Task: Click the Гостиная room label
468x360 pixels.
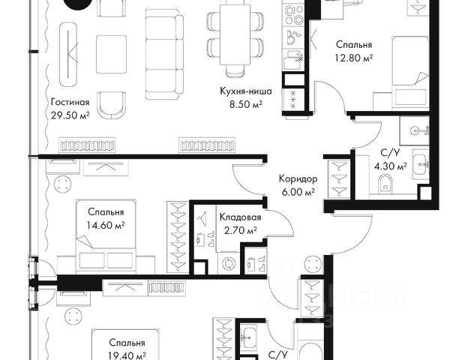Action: [x=70, y=102]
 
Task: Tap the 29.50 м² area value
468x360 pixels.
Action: [x=70, y=115]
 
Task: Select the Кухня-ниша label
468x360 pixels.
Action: [x=246, y=91]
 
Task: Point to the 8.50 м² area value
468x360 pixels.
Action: [x=246, y=104]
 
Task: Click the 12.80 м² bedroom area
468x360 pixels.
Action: [x=354, y=58]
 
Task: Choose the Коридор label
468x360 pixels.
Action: [x=298, y=178]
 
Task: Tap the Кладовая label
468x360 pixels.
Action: [x=240, y=217]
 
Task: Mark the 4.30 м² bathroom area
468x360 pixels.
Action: [x=391, y=166]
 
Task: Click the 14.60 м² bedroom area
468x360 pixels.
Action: [x=106, y=225]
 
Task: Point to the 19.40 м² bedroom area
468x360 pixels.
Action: [x=127, y=355]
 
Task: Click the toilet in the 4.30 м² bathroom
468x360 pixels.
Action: [x=385, y=182]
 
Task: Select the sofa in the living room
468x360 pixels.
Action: [x=164, y=54]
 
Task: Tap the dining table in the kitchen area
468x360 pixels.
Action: [x=235, y=34]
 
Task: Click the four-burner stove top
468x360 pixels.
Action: [x=294, y=15]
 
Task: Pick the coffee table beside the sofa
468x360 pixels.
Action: [x=112, y=54]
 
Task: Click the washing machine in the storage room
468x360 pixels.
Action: [x=229, y=263]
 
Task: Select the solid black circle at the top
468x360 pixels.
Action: [x=78, y=4]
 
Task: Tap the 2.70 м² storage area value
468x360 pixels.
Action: [x=240, y=230]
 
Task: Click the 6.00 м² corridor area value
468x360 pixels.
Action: [x=298, y=192]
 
